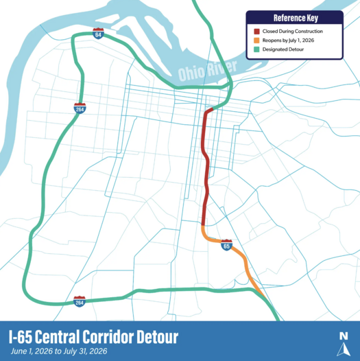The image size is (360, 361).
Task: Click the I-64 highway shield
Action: point(99,34)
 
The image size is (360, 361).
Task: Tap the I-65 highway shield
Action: point(227,244)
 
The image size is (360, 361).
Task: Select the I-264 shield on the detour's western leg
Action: point(80,108)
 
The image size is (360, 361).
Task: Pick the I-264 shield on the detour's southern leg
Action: point(80,301)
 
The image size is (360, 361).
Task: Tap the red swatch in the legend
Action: point(255,32)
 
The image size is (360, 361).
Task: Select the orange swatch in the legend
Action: point(255,41)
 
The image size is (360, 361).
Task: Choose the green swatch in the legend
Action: point(255,50)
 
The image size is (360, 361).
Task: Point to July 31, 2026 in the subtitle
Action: point(85,351)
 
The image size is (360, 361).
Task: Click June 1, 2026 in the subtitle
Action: point(31,351)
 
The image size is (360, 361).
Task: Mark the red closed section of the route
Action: point(206,165)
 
